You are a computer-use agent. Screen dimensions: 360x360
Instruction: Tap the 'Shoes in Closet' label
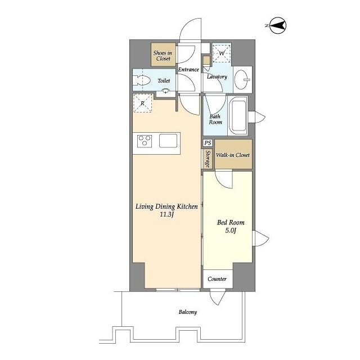click(163, 55)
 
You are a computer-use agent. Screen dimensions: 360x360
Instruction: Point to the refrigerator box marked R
click(142, 103)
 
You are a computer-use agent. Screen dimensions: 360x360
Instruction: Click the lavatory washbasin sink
click(244, 78)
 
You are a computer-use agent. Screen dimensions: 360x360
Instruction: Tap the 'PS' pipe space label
click(208, 143)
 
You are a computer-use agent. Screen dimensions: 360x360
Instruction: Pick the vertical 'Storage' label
click(208, 159)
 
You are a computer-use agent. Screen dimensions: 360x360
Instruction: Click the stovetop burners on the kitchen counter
click(143, 141)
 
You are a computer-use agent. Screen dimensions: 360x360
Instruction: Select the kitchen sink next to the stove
click(168, 141)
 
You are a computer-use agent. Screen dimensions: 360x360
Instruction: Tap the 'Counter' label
click(217, 280)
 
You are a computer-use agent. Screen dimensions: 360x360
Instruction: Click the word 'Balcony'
click(188, 312)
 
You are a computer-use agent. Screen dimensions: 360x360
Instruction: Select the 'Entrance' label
click(188, 70)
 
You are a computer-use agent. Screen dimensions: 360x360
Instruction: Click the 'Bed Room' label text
click(229, 222)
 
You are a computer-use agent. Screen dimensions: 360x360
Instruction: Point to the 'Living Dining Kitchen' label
click(166, 206)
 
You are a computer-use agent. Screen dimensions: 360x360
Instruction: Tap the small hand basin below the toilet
click(166, 92)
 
